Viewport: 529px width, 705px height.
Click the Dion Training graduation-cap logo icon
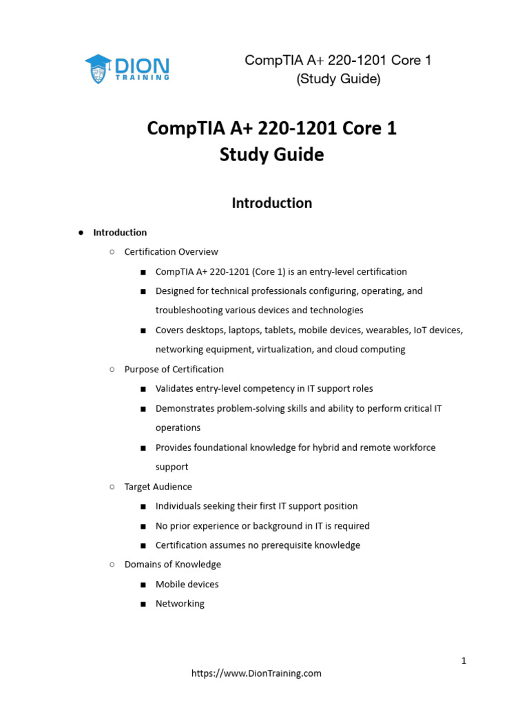click(x=98, y=69)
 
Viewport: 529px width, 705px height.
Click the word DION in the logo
click(x=142, y=66)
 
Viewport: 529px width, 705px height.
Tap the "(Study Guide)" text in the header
click(x=338, y=79)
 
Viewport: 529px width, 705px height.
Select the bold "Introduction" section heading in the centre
click(x=271, y=203)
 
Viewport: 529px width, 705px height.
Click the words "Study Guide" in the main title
click(x=271, y=155)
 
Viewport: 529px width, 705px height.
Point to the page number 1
click(x=464, y=661)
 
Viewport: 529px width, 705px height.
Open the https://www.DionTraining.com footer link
click(x=256, y=673)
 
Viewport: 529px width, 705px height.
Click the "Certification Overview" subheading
click(x=171, y=252)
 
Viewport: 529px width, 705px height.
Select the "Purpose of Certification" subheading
click(x=174, y=369)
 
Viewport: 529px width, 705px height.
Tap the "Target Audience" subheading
click(x=158, y=487)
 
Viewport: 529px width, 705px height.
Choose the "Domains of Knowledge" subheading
click(x=172, y=565)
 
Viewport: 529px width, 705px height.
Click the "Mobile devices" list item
click(x=187, y=585)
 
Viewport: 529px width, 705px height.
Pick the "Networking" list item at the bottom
click(x=180, y=604)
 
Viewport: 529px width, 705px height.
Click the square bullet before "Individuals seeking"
click(x=142, y=507)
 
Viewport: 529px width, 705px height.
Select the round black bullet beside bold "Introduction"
click(x=81, y=233)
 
